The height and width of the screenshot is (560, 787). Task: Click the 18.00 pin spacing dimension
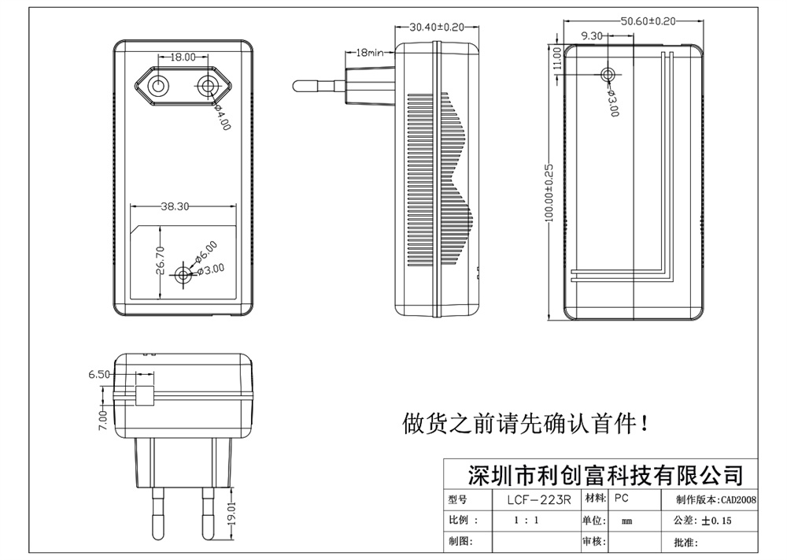[183, 57]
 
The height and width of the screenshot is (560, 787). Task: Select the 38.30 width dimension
[175, 207]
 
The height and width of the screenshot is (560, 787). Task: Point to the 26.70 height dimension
[160, 260]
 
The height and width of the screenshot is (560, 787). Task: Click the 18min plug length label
[369, 53]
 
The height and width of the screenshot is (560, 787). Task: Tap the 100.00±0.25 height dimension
[549, 193]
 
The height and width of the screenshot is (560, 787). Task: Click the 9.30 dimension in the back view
[592, 35]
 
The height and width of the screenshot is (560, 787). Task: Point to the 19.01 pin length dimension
[231, 515]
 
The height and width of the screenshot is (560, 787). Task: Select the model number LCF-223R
[538, 499]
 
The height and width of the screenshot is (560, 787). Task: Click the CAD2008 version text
[738, 499]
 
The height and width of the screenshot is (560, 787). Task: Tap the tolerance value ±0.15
[716, 521]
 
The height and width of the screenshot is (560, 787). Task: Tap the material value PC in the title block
[621, 499]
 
